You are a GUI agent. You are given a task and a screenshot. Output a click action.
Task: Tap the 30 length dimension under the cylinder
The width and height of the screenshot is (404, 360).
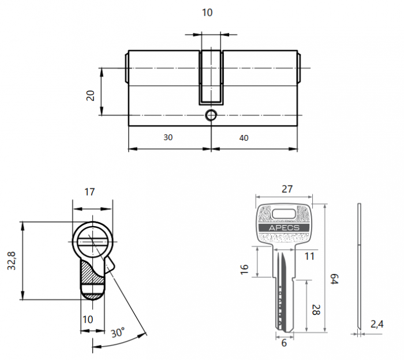tap(168, 138)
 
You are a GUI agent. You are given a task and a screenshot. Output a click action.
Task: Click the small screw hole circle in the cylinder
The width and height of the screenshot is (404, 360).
tap(211, 115)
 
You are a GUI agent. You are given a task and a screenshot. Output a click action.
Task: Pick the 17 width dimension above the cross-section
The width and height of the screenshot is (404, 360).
tap(89, 192)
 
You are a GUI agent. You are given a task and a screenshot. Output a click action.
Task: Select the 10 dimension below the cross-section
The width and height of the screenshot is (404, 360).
tap(88, 320)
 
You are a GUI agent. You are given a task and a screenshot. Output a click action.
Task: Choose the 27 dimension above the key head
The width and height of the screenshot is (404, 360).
tap(287, 189)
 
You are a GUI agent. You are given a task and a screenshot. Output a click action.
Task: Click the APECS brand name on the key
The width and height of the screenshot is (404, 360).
tap(283, 228)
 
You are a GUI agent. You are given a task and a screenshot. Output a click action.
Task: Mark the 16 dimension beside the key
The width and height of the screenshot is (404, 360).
tap(244, 268)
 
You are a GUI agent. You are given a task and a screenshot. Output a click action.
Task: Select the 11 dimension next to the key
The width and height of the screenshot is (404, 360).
tap(309, 256)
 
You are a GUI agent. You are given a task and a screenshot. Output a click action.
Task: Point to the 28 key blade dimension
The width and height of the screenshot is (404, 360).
tap(315, 310)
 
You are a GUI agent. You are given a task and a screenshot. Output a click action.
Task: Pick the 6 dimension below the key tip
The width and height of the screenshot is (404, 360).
tap(283, 343)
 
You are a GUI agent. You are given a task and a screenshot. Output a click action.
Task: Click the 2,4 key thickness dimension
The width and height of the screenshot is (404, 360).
tap(377, 325)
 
